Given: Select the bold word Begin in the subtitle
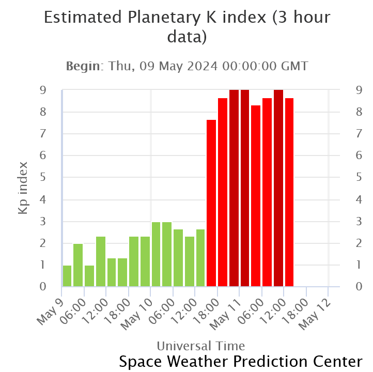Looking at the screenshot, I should click(x=85, y=66).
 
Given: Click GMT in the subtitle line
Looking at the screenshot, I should click(x=293, y=66).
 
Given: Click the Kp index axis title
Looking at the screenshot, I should click(x=23, y=188).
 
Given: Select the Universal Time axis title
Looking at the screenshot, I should click(x=200, y=345).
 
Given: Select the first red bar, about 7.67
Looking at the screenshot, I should click(x=211, y=203).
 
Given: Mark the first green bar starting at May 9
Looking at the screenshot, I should click(x=67, y=275).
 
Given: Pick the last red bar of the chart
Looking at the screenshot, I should click(x=289, y=192).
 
